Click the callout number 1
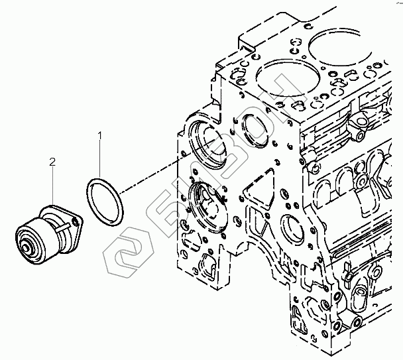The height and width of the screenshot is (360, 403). [100, 136]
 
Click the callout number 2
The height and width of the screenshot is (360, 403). [52, 161]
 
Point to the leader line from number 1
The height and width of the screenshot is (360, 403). [101, 159]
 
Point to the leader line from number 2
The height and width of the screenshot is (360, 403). [52, 186]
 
